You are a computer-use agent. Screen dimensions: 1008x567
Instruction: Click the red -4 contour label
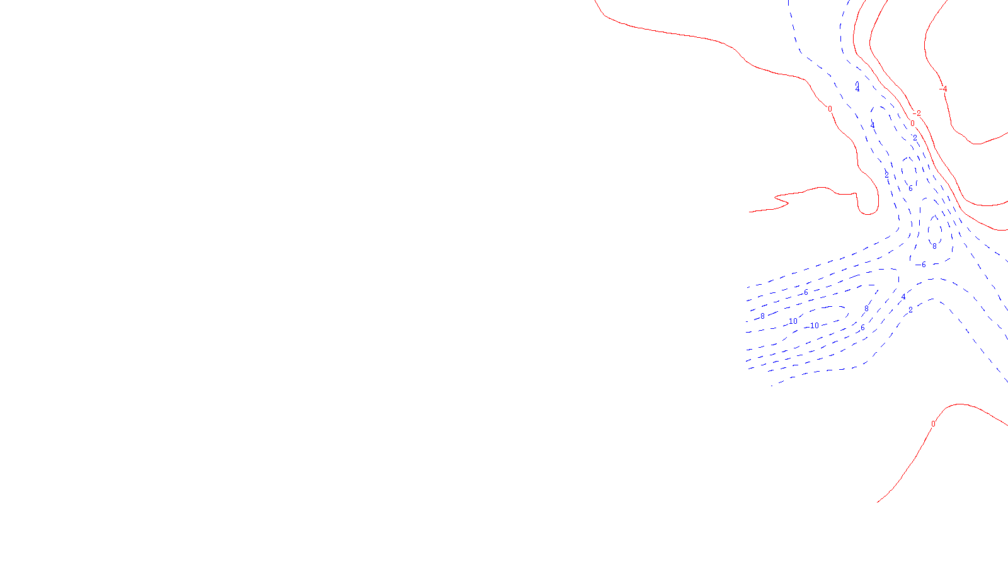tap(943, 89)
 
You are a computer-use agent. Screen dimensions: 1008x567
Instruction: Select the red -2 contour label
tap(917, 113)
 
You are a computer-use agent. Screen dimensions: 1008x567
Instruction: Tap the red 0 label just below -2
tap(912, 123)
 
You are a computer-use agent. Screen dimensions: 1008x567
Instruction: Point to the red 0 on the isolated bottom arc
tap(933, 424)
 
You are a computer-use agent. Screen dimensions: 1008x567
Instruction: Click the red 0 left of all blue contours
tap(830, 109)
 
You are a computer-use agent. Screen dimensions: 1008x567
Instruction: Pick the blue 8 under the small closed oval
tap(934, 247)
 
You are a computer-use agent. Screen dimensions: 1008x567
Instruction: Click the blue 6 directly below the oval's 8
tap(924, 265)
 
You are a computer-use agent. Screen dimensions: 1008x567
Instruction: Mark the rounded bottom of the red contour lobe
tap(868, 214)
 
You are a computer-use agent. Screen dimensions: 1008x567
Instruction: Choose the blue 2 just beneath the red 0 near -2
tap(915, 138)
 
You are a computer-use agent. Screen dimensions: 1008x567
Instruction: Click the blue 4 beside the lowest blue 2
tap(903, 297)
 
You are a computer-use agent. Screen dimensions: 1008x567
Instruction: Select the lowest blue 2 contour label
tap(910, 310)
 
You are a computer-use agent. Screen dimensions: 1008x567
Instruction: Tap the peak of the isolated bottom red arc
tap(959, 404)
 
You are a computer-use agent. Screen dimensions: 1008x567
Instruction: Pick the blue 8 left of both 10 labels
tap(762, 316)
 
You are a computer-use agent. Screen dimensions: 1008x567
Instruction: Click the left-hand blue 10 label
tap(793, 321)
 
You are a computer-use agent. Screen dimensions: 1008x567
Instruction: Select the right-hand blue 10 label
tap(815, 326)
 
